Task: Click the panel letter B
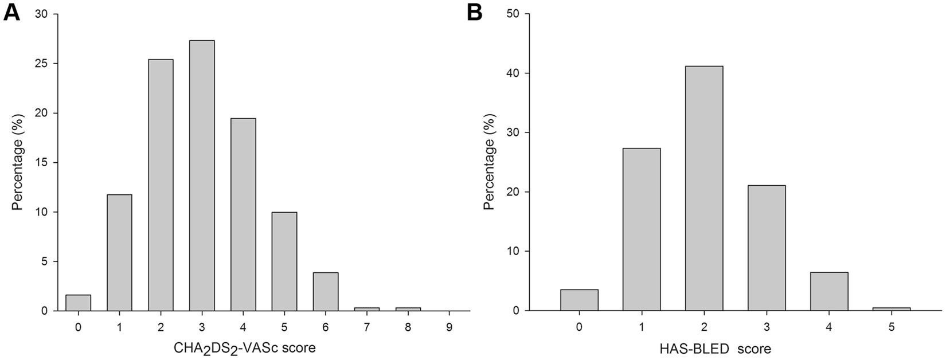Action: pyautogui.click(x=474, y=12)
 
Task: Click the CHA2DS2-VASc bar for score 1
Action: pyautogui.click(x=119, y=252)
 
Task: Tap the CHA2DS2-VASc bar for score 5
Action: pyautogui.click(x=284, y=261)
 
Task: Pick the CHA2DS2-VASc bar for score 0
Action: pyautogui.click(x=78, y=303)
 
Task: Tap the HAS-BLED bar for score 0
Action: pyautogui.click(x=580, y=300)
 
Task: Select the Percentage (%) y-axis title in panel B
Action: pyautogui.click(x=488, y=162)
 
